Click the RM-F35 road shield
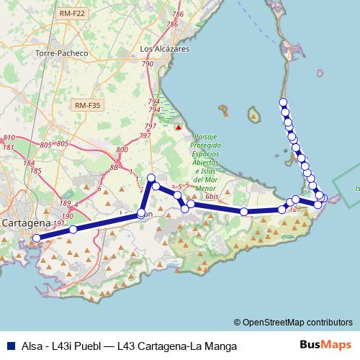[x=88, y=105]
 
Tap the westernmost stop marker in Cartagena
[x=37, y=237]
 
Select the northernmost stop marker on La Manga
[x=284, y=102]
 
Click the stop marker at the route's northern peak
[x=151, y=178]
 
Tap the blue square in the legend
[x=9, y=346]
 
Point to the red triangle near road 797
[x=178, y=128]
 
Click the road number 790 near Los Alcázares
[x=148, y=65]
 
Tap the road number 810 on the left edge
[x=9, y=138]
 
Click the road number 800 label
[x=122, y=150]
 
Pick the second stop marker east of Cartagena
[x=142, y=214]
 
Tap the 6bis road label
[x=211, y=196]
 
